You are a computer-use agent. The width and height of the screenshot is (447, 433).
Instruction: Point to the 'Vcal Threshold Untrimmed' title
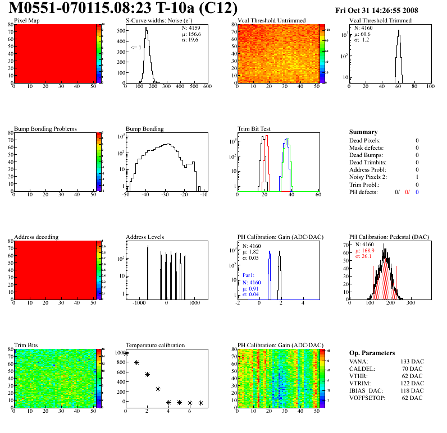(271, 21)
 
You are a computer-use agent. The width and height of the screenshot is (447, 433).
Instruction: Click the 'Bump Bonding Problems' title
(45, 128)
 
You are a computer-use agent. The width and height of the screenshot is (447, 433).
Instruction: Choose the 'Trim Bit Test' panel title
(254, 128)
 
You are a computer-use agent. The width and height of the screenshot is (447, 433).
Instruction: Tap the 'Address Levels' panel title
(145, 237)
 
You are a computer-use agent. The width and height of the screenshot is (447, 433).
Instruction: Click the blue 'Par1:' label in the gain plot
(249, 275)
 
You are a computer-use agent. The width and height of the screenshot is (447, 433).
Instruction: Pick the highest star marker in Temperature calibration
(126, 353)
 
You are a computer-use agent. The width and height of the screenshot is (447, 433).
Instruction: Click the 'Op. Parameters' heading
(372, 353)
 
